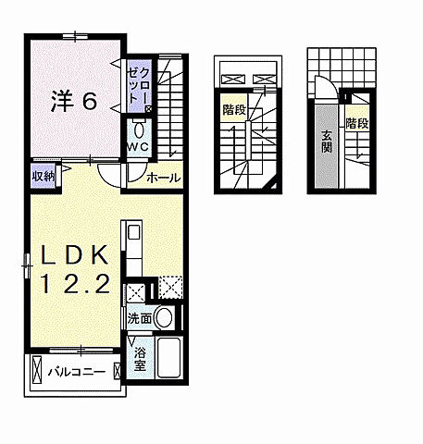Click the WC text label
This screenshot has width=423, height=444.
coord(138,146)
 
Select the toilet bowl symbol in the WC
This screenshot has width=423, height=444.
coord(138,129)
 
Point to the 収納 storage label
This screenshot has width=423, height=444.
coord(43,175)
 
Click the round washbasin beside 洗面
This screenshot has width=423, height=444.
coord(164,318)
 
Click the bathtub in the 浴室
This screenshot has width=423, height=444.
coord(168,362)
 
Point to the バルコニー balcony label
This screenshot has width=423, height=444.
coord(76,372)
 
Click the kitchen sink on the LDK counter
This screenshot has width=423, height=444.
coord(131,231)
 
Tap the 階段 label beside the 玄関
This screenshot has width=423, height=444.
coord(355,122)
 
